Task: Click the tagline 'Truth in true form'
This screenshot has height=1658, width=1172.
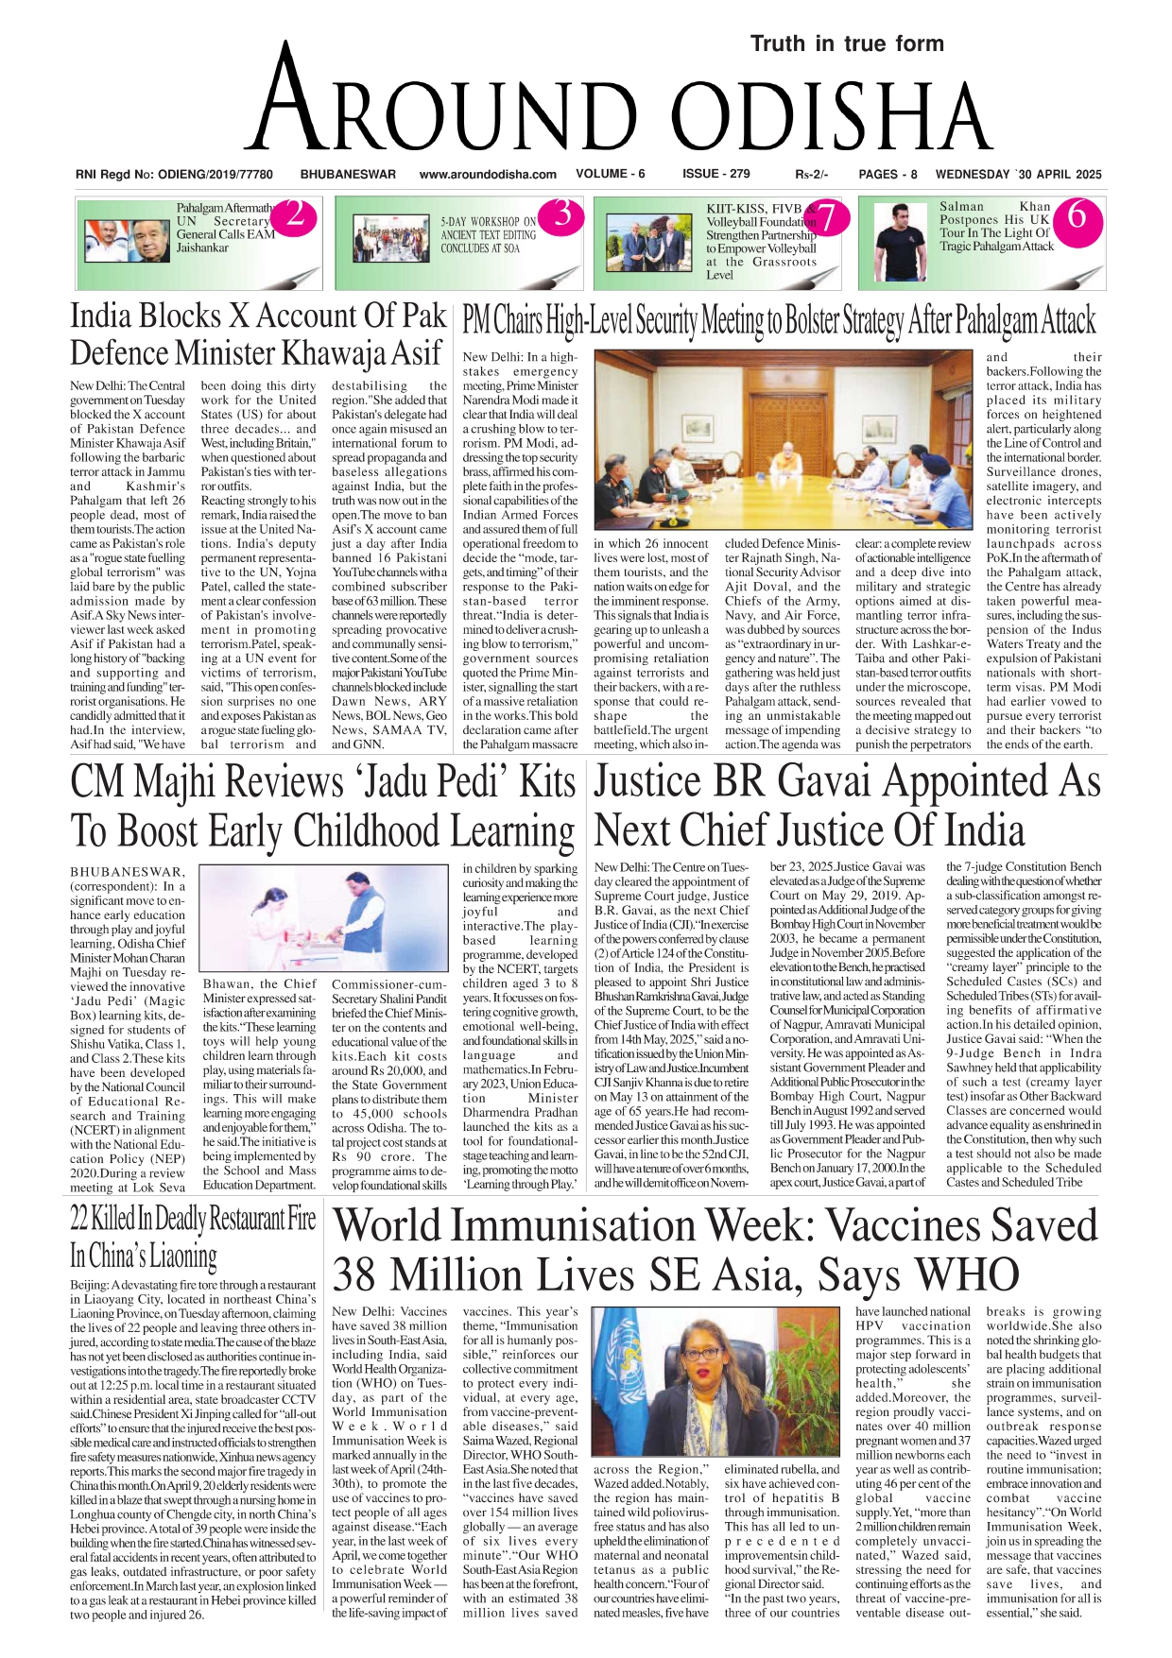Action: pos(847,43)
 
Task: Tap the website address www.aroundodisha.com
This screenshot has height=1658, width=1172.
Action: pos(488,174)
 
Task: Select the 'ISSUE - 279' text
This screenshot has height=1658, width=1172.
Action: pos(715,174)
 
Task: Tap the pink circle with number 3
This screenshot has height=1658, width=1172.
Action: pos(561,214)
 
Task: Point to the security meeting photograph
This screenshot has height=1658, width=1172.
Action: pos(783,439)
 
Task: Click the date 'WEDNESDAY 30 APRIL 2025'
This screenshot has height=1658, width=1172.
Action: pos(1018,174)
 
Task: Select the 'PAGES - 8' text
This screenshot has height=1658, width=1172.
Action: pos(888,174)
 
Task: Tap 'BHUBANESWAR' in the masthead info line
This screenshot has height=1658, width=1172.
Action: pos(348,174)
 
